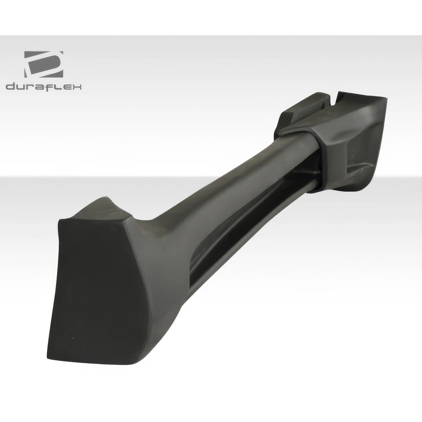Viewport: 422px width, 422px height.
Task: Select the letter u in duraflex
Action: click(x=21, y=88)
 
